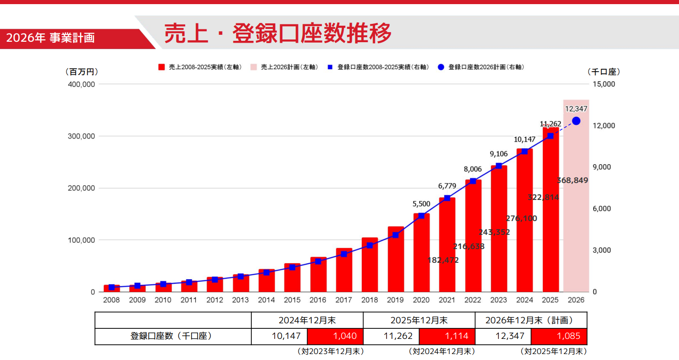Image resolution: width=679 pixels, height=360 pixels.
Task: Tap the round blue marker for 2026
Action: point(576,121)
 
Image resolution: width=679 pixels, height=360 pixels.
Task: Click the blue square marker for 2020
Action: point(421,216)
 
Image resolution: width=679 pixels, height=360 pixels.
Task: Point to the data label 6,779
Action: point(447,186)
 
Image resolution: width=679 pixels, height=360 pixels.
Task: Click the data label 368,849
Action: point(573,181)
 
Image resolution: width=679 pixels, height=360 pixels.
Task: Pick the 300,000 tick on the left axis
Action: point(82,136)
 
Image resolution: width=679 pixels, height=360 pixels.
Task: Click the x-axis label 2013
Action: point(241,300)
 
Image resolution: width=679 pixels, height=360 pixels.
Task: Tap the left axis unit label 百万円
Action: point(82,72)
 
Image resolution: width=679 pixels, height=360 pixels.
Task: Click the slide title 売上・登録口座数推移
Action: point(278,33)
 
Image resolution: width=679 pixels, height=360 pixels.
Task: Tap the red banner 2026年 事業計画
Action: point(50,38)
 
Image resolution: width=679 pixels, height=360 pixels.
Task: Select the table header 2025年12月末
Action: point(419,321)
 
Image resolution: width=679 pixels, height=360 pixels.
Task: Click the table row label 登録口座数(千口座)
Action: point(173,336)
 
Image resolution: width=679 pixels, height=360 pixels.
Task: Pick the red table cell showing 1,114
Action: point(447,336)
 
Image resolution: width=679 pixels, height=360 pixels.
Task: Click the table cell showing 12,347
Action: point(503,336)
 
